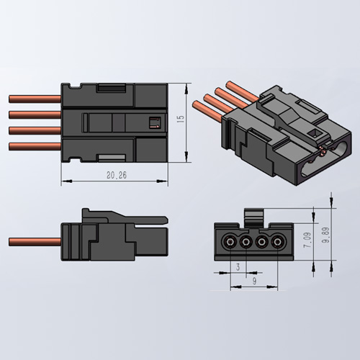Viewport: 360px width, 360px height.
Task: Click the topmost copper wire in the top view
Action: tap(34, 96)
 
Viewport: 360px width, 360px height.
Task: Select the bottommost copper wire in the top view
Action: tap(34, 146)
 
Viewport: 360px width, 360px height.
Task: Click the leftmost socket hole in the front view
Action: tap(230, 241)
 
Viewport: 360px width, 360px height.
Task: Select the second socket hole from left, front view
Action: tap(246, 241)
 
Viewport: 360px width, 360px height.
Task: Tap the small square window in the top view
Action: tap(152, 121)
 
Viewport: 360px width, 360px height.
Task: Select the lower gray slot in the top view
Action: tap(112, 156)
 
